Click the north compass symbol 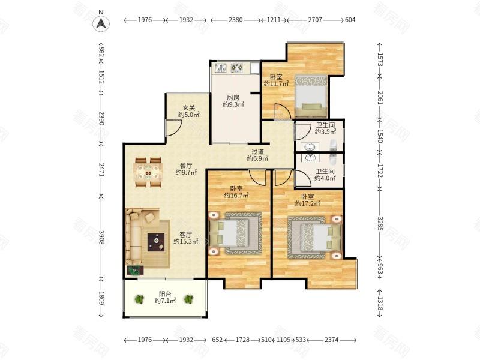click(101, 23)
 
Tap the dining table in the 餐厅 click(148, 172)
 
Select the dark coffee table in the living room click(156, 242)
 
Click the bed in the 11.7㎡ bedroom click(311, 96)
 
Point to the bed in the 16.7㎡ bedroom click(236, 233)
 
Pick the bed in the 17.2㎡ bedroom click(314, 238)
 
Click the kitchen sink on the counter click(220, 68)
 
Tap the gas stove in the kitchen click(236, 68)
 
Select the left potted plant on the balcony click(139, 299)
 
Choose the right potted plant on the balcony click(188, 299)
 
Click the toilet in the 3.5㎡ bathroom click(333, 145)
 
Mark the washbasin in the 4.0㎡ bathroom click(311, 158)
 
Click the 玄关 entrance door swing click(174, 128)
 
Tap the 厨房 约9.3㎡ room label click(233, 101)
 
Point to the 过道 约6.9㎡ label click(257, 155)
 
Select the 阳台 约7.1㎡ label click(165, 297)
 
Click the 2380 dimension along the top click(235, 20)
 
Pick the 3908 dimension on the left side click(101, 236)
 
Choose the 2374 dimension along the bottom click(332, 340)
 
